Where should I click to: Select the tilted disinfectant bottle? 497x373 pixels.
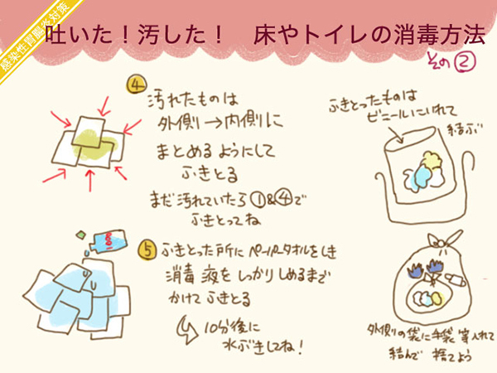[109, 241]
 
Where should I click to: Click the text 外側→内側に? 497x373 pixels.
[219, 124]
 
